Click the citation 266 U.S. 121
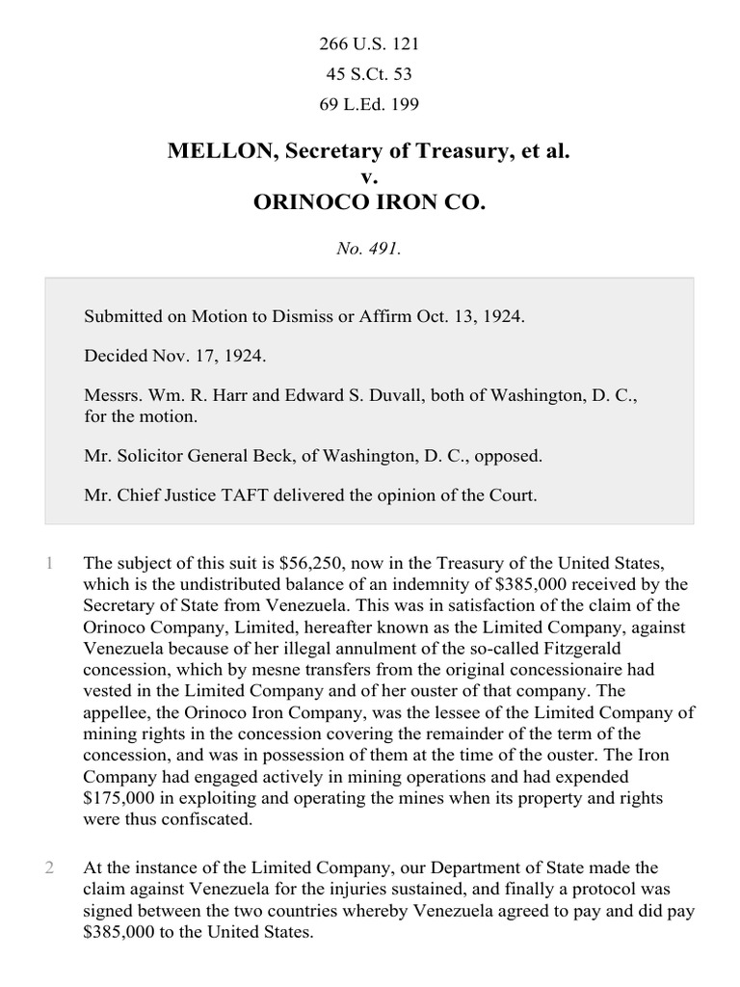point(370,44)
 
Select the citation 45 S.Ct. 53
point(370,74)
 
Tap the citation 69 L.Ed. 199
point(370,104)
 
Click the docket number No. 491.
point(369,249)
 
